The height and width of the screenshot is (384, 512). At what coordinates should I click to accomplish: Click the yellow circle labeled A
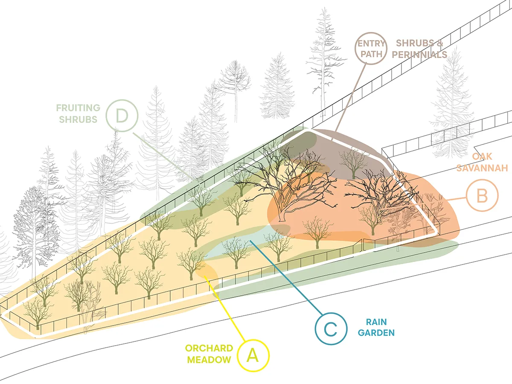tap(253, 355)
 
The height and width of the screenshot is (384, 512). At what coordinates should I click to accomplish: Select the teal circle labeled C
tap(331, 328)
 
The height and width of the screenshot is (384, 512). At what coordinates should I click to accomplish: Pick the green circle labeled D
tap(122, 115)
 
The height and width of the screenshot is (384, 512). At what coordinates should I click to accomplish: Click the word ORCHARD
tap(209, 348)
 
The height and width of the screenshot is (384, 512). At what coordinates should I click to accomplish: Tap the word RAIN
tap(375, 322)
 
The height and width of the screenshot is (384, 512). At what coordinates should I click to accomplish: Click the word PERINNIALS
tap(419, 55)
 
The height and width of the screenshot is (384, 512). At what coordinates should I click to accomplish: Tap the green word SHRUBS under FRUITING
tap(79, 119)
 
